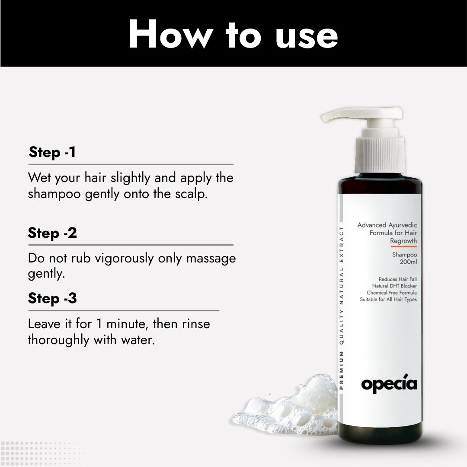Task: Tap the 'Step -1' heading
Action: [x=52, y=153]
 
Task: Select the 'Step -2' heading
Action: [x=52, y=233]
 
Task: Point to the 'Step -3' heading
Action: [x=52, y=298]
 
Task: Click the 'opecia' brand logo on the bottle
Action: [x=389, y=384]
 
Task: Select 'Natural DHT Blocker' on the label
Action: [x=394, y=286]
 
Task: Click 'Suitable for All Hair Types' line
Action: [x=388, y=299]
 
